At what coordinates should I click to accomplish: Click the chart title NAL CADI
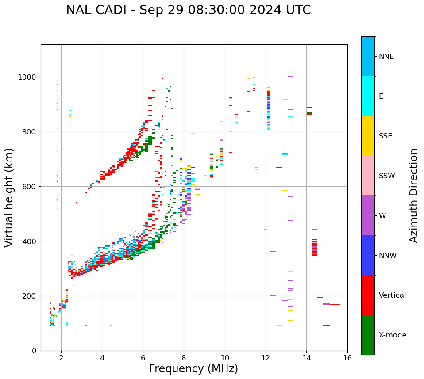click(x=188, y=10)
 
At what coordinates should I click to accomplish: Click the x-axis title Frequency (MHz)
click(x=193, y=369)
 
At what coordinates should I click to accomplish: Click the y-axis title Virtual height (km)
click(x=9, y=197)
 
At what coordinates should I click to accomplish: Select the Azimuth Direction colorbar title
click(x=414, y=195)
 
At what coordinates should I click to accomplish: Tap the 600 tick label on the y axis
click(x=31, y=187)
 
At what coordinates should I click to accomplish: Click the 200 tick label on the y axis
click(x=31, y=296)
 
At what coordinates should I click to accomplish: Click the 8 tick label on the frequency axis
click(x=184, y=358)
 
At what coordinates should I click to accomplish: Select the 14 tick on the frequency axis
click(x=306, y=358)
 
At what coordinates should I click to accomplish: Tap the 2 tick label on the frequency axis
click(x=61, y=358)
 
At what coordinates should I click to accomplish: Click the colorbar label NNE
click(x=386, y=57)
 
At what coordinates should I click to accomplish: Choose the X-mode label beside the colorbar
click(x=393, y=335)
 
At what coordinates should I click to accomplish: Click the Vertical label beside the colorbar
click(x=392, y=295)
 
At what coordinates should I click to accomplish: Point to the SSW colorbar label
click(x=387, y=176)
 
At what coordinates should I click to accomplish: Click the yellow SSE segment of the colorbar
click(x=368, y=136)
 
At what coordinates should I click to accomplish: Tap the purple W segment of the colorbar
click(x=368, y=215)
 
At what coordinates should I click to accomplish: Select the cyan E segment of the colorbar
click(x=368, y=96)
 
